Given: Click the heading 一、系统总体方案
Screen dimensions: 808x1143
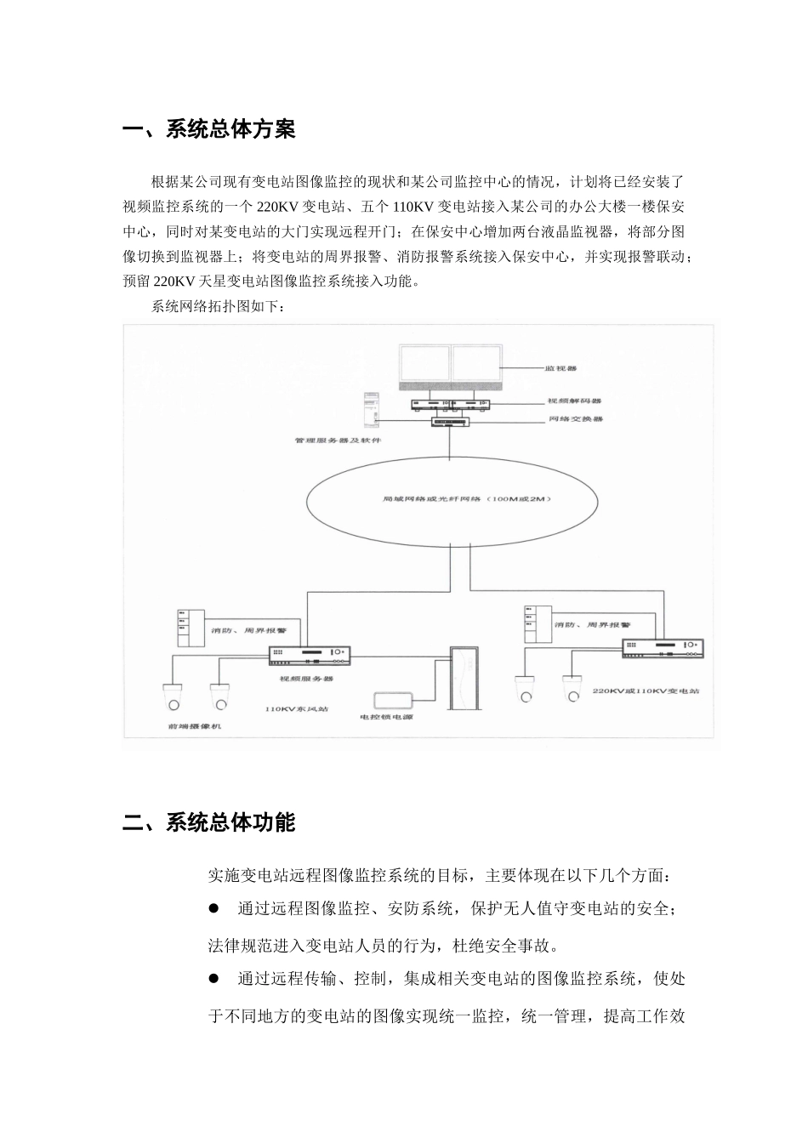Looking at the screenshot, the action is tap(209, 130).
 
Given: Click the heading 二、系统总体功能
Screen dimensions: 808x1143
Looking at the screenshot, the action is tap(209, 822).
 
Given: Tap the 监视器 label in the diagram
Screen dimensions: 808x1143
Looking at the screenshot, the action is tap(561, 369).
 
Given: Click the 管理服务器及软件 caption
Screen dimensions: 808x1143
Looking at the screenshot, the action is tap(339, 441).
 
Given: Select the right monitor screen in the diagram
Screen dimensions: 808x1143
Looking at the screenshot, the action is tap(476, 368).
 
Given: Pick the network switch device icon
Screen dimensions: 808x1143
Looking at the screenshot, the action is tap(450, 421).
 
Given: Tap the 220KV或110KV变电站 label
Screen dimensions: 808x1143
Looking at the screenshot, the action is tap(646, 692).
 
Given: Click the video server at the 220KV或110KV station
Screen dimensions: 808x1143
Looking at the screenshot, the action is tap(663, 649).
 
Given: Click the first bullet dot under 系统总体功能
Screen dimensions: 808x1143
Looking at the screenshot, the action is tap(215, 909).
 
